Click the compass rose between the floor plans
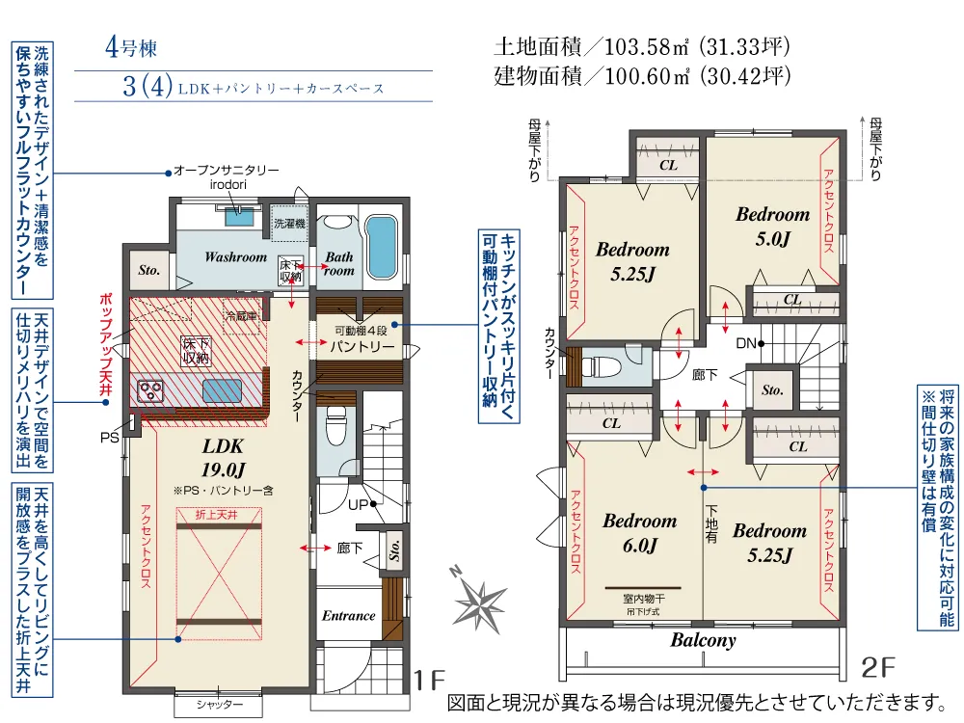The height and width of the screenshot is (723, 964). [479, 600]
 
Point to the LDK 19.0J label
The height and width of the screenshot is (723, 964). [223, 457]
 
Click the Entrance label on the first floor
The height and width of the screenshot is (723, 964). [349, 615]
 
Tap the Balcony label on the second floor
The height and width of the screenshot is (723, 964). [703, 640]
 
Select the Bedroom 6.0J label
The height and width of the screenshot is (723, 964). [640, 532]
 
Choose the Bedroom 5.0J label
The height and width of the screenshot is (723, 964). [773, 226]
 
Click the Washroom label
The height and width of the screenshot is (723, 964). [235, 257]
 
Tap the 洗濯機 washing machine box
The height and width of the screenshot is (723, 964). [289, 224]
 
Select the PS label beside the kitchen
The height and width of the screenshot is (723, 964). [110, 438]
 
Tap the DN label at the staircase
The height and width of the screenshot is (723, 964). [746, 343]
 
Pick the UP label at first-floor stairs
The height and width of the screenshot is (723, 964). [358, 505]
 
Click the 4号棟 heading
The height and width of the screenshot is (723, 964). [131, 47]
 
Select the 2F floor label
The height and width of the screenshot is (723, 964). [878, 668]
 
